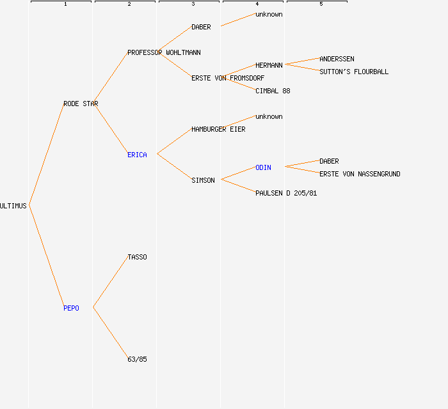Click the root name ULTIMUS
click(13, 206)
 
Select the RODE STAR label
click(81, 104)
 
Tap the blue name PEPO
click(71, 308)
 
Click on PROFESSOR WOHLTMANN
click(164, 52)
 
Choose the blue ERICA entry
click(137, 155)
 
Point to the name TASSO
click(137, 257)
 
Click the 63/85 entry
click(137, 359)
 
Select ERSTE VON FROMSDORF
click(228, 78)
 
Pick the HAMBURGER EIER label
click(218, 129)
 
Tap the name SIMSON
click(203, 180)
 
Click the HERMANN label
click(269, 65)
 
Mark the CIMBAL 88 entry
click(273, 91)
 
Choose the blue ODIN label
click(263, 167)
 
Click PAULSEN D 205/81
click(286, 193)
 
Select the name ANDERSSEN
click(337, 59)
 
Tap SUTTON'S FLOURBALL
click(354, 72)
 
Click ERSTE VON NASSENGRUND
click(360, 174)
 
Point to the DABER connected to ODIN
click(329, 161)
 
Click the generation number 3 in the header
click(193, 4)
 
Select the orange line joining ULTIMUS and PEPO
click(46, 256)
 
